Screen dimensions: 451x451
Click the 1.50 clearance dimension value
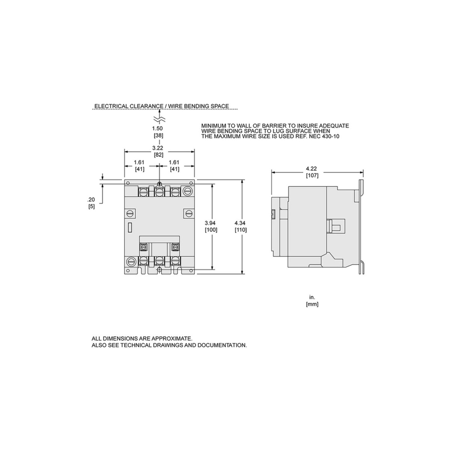(157, 128)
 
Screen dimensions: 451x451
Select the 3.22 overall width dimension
(157, 148)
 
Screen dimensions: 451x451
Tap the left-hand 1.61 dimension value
(139, 162)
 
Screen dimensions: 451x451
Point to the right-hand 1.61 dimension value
(174, 162)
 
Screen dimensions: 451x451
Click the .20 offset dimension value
(91, 200)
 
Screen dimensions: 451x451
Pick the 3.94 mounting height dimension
(210, 223)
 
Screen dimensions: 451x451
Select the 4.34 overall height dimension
(240, 223)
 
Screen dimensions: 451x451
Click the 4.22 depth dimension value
(312, 168)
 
